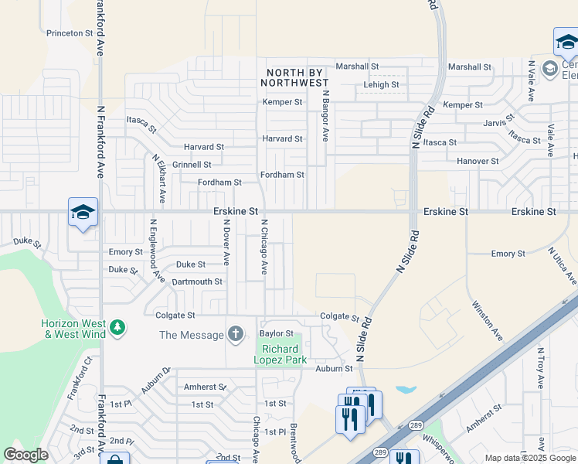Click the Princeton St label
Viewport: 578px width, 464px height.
coord(69,33)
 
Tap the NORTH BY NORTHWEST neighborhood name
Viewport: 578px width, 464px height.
coord(294,77)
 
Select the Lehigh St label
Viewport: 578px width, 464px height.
coord(381,85)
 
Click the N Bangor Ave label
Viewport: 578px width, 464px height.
coord(326,116)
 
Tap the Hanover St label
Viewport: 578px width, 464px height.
coord(477,161)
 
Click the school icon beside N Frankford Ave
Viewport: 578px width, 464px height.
coord(83,213)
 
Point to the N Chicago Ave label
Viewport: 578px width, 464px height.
coord(263,246)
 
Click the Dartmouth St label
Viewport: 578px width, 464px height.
coord(197,281)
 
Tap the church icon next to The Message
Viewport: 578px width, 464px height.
coord(235,334)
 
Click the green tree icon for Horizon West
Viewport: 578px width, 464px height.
coord(117,328)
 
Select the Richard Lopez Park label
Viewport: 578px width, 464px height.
coord(281,354)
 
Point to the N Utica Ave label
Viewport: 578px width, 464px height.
coord(563,266)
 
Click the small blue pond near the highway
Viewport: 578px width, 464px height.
coord(406,390)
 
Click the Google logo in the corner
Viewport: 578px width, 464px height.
coord(26,455)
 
